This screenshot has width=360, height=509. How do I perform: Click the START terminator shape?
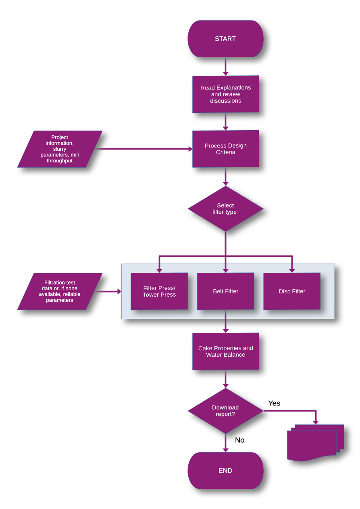tap(225, 39)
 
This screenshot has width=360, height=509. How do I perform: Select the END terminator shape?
tap(225, 470)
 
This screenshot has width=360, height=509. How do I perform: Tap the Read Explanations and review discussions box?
tap(225, 94)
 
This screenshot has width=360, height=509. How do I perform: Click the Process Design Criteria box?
tap(225, 149)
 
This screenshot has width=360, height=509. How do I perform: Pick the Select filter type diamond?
tap(225, 209)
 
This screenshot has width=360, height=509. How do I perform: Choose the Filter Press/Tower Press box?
tap(159, 291)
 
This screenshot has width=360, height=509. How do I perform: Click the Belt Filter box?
tap(225, 291)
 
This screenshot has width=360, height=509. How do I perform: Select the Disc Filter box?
tap(292, 291)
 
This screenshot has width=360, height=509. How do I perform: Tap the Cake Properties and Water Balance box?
tap(225, 351)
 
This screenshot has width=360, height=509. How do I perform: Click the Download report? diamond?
tap(225, 411)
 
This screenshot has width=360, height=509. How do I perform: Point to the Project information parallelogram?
tap(60, 149)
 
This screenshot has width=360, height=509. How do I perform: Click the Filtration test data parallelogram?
tap(60, 291)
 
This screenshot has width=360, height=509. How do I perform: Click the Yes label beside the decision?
tap(274, 403)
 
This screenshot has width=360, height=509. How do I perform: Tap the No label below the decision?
tap(240, 440)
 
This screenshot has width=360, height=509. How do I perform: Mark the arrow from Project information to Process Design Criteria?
tap(145, 149)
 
